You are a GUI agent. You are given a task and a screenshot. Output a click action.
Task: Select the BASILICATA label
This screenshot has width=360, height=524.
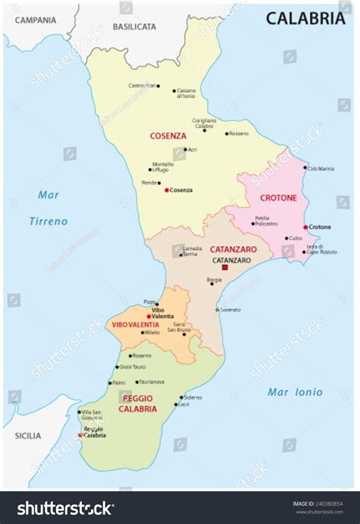pos(134,26)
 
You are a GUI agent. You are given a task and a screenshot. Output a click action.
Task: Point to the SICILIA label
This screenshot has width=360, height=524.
pos(27,436)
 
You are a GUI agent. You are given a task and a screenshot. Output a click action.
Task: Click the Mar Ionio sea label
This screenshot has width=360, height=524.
pos(295,393)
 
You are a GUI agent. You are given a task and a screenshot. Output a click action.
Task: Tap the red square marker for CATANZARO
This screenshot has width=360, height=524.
pos(224,268)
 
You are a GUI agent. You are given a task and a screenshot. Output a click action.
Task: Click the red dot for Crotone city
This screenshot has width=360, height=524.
pos(305,227)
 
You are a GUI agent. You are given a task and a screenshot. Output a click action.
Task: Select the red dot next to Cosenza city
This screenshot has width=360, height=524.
pos(166,190)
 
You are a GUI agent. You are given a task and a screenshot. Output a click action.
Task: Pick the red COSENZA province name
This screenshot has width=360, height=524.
pos(168,136)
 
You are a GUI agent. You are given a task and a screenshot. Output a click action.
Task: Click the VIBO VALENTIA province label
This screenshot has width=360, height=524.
pos(135,325)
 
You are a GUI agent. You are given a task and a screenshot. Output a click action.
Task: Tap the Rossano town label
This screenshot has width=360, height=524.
pos(238,134)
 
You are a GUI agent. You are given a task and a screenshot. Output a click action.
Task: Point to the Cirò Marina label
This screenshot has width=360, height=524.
pos(321,169)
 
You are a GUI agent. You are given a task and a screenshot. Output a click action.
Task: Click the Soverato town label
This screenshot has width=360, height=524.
pos(232,310)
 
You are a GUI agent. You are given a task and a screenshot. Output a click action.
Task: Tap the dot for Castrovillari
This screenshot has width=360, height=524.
pos(158,86)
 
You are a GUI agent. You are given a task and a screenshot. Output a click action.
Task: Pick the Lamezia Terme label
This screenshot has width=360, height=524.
pos(192,251)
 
